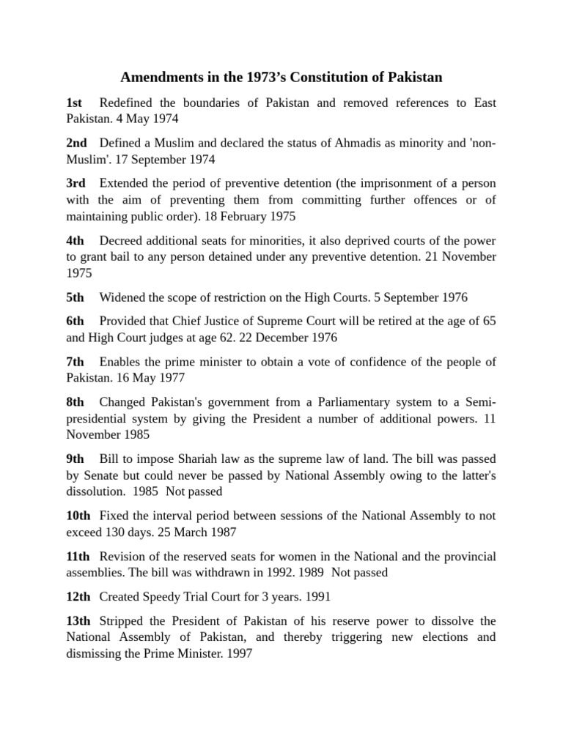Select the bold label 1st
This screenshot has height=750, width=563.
point(74,103)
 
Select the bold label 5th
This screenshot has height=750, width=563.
point(75,297)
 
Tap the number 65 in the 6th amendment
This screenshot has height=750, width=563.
point(489,321)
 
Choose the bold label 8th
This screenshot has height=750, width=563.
point(75,402)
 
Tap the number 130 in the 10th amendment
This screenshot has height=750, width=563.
point(118,532)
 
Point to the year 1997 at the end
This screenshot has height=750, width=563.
point(239,654)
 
